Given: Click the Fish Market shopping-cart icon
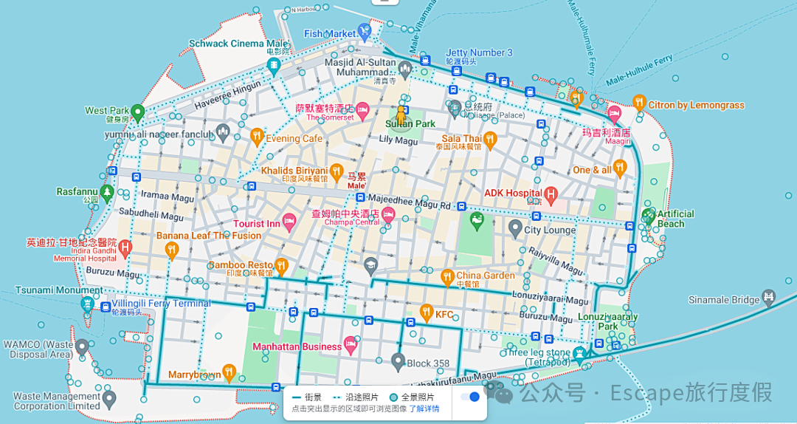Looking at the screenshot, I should pos(364,31).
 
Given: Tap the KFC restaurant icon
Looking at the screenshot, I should pos(426,314).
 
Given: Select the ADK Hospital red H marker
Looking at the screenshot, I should pos(551,195).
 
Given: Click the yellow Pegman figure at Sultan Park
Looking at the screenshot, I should pos(402,114).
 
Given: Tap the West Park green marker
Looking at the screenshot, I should pos(137,112).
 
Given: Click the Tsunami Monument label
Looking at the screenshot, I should pos(59,290).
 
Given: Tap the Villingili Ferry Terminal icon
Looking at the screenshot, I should pos(87,304).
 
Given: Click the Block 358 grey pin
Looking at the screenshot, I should pos(398,361).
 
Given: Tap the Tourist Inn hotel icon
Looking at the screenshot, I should pos(289,221).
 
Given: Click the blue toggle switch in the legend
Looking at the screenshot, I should pos(469,397).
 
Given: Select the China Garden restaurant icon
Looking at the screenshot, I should pos(446,278).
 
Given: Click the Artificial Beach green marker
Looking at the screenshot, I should pos(648,216).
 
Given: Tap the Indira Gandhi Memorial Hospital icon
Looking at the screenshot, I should pos(125,247).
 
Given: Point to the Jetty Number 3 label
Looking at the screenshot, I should pos(479,52).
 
